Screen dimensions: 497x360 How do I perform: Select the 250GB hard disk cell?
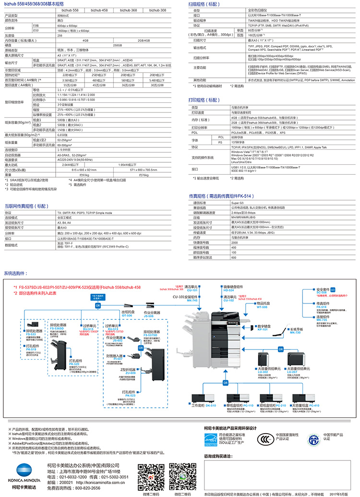pyautogui.click(x=118, y=45)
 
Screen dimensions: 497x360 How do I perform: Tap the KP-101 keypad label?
pyautogui.click(x=263, y=329)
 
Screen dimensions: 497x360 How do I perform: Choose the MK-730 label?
pyautogui.click(x=295, y=332)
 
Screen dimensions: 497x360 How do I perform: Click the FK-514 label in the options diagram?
pyautogui.click(x=321, y=306)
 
